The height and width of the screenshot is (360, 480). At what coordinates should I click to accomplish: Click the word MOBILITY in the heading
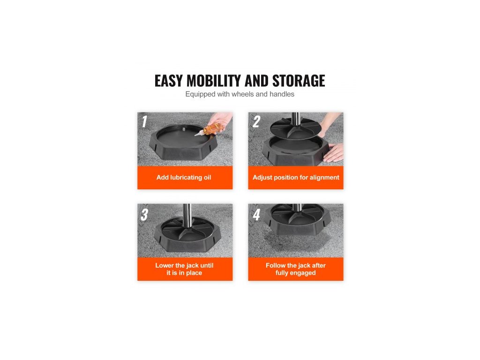[214, 81]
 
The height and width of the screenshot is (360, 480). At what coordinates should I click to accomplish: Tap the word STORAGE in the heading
[299, 81]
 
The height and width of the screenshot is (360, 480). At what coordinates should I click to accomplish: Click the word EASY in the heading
[169, 81]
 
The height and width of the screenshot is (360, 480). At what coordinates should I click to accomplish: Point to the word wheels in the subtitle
[243, 94]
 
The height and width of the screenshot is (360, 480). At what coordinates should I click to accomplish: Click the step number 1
[144, 121]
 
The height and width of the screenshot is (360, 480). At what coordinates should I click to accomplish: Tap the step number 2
[256, 121]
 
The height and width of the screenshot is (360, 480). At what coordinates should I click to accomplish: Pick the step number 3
[144, 215]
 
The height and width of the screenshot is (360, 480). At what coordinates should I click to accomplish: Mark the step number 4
[256, 215]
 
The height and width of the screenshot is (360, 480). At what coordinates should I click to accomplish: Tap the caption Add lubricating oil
[184, 178]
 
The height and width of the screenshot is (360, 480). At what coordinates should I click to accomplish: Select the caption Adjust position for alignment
[296, 178]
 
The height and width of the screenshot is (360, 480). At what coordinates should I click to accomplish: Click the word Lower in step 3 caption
[164, 265]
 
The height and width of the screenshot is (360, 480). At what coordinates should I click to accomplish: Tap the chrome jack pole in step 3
[187, 215]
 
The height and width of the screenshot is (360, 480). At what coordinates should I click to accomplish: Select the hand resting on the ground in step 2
[334, 153]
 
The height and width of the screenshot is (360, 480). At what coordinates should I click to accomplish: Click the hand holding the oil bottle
[220, 120]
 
